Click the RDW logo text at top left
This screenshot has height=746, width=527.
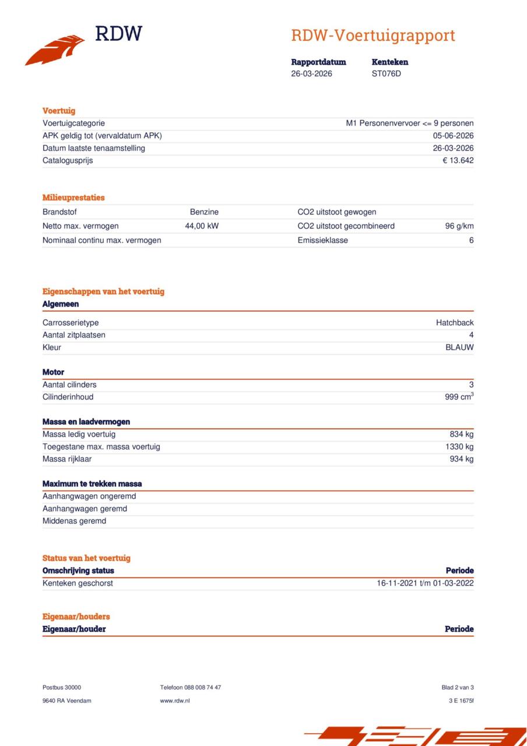tap(118, 34)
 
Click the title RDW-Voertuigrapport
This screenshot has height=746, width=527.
tap(373, 36)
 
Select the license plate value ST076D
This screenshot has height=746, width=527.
tap(387, 73)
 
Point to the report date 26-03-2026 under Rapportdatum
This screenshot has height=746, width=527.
tap(312, 73)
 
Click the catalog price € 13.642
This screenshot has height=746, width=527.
tap(458, 160)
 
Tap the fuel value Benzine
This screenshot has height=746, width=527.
tap(204, 212)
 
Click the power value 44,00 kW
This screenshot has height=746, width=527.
tap(202, 226)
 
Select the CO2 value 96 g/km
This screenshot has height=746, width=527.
tap(459, 226)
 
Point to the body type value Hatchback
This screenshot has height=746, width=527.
tap(455, 323)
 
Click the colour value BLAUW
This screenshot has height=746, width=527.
tap(459, 347)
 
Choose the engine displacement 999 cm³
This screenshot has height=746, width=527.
tap(459, 397)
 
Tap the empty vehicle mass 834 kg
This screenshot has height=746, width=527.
tap(461, 434)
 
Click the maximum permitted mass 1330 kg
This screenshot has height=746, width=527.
tap(459, 446)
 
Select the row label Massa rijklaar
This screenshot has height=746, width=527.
tap(67, 459)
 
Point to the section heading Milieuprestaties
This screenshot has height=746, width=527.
tap(73, 198)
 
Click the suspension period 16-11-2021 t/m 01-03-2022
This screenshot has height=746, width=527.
tap(425, 583)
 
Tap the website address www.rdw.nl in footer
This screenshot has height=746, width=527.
tap(175, 701)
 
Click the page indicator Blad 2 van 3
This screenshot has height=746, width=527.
tap(458, 688)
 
